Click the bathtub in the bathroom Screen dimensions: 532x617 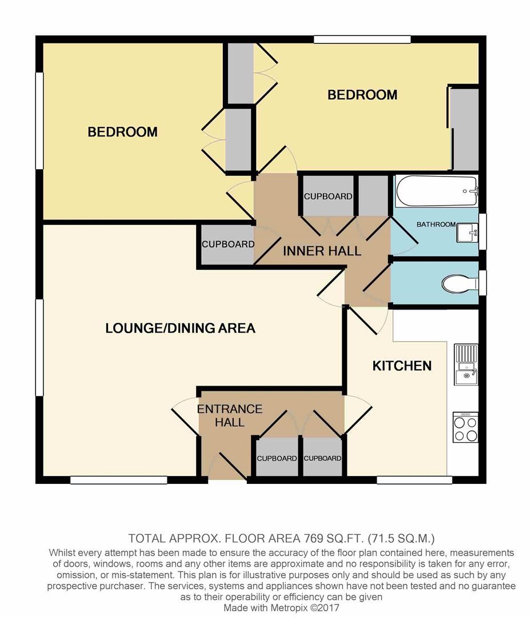pos(437,191)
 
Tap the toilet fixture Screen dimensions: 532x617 pos(459,283)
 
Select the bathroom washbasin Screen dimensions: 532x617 pos(467,233)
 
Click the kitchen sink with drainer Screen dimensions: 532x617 pos(466,364)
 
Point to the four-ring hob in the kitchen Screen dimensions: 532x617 pos(466,427)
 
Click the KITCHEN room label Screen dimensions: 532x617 pos(402,366)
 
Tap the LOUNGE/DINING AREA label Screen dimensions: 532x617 pos(180,328)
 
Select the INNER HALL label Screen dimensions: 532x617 pos(322,251)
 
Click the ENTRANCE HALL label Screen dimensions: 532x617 pos(230,415)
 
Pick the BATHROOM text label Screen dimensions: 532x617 pos(436,225)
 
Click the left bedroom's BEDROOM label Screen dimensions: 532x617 pos(122,132)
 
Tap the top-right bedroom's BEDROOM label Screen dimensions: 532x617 pos(362,95)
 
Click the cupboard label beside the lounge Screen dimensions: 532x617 pos(228,245)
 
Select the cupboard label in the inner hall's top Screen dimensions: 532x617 pos(328,197)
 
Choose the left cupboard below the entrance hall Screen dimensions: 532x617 pos(277,458)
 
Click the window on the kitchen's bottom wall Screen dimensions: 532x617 pos(415,480)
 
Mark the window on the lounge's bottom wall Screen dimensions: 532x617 pos(119,480)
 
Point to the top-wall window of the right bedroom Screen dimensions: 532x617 pos(362,39)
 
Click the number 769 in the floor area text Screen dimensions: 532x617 pos(313,538)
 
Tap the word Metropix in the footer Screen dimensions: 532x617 pos(289,608)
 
